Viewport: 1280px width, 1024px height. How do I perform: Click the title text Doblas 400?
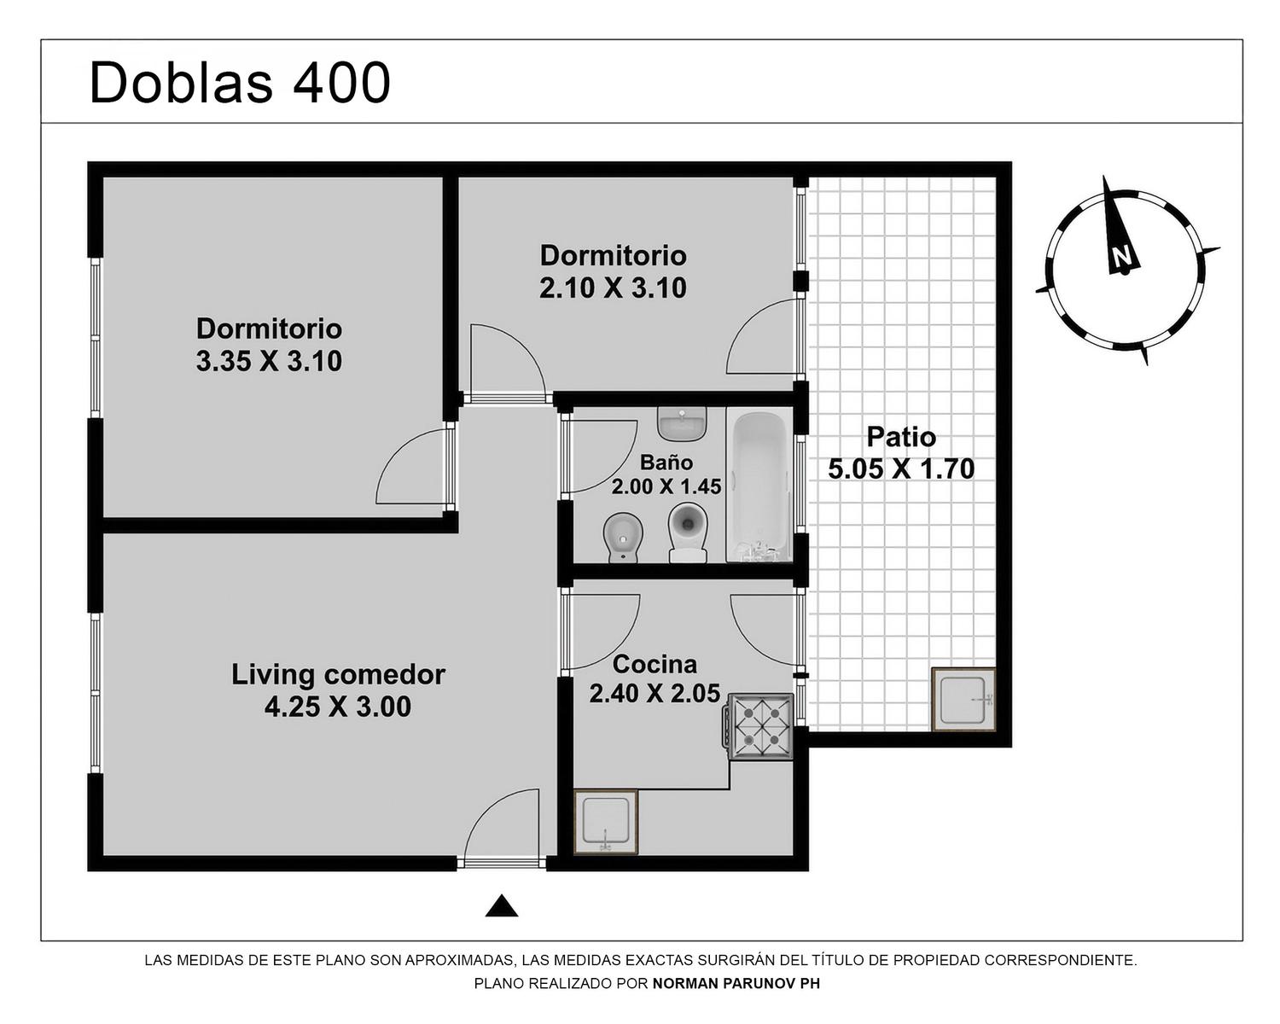240,83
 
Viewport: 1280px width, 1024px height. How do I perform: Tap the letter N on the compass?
1122,256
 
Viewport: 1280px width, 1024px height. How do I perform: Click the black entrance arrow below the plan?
502,905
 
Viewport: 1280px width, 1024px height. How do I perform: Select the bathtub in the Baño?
759,486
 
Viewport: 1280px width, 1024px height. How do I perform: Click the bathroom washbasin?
682,423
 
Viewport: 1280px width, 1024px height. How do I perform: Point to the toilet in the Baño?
688,532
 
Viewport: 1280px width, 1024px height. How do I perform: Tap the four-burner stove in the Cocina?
758,726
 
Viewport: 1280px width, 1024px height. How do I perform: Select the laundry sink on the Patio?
963,699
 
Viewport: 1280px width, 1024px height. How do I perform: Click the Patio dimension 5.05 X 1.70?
901,469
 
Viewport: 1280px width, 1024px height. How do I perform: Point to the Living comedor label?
338,675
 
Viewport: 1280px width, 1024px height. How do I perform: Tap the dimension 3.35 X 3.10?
269,361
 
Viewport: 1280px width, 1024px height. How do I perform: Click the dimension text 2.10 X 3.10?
613,288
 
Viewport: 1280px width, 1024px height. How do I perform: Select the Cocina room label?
655,664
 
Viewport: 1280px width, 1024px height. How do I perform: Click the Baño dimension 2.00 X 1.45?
666,486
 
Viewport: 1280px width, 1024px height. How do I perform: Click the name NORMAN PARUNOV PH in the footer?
736,984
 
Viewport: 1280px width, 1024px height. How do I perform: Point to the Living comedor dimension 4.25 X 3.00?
338,707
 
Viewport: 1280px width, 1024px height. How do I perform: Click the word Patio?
901,437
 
